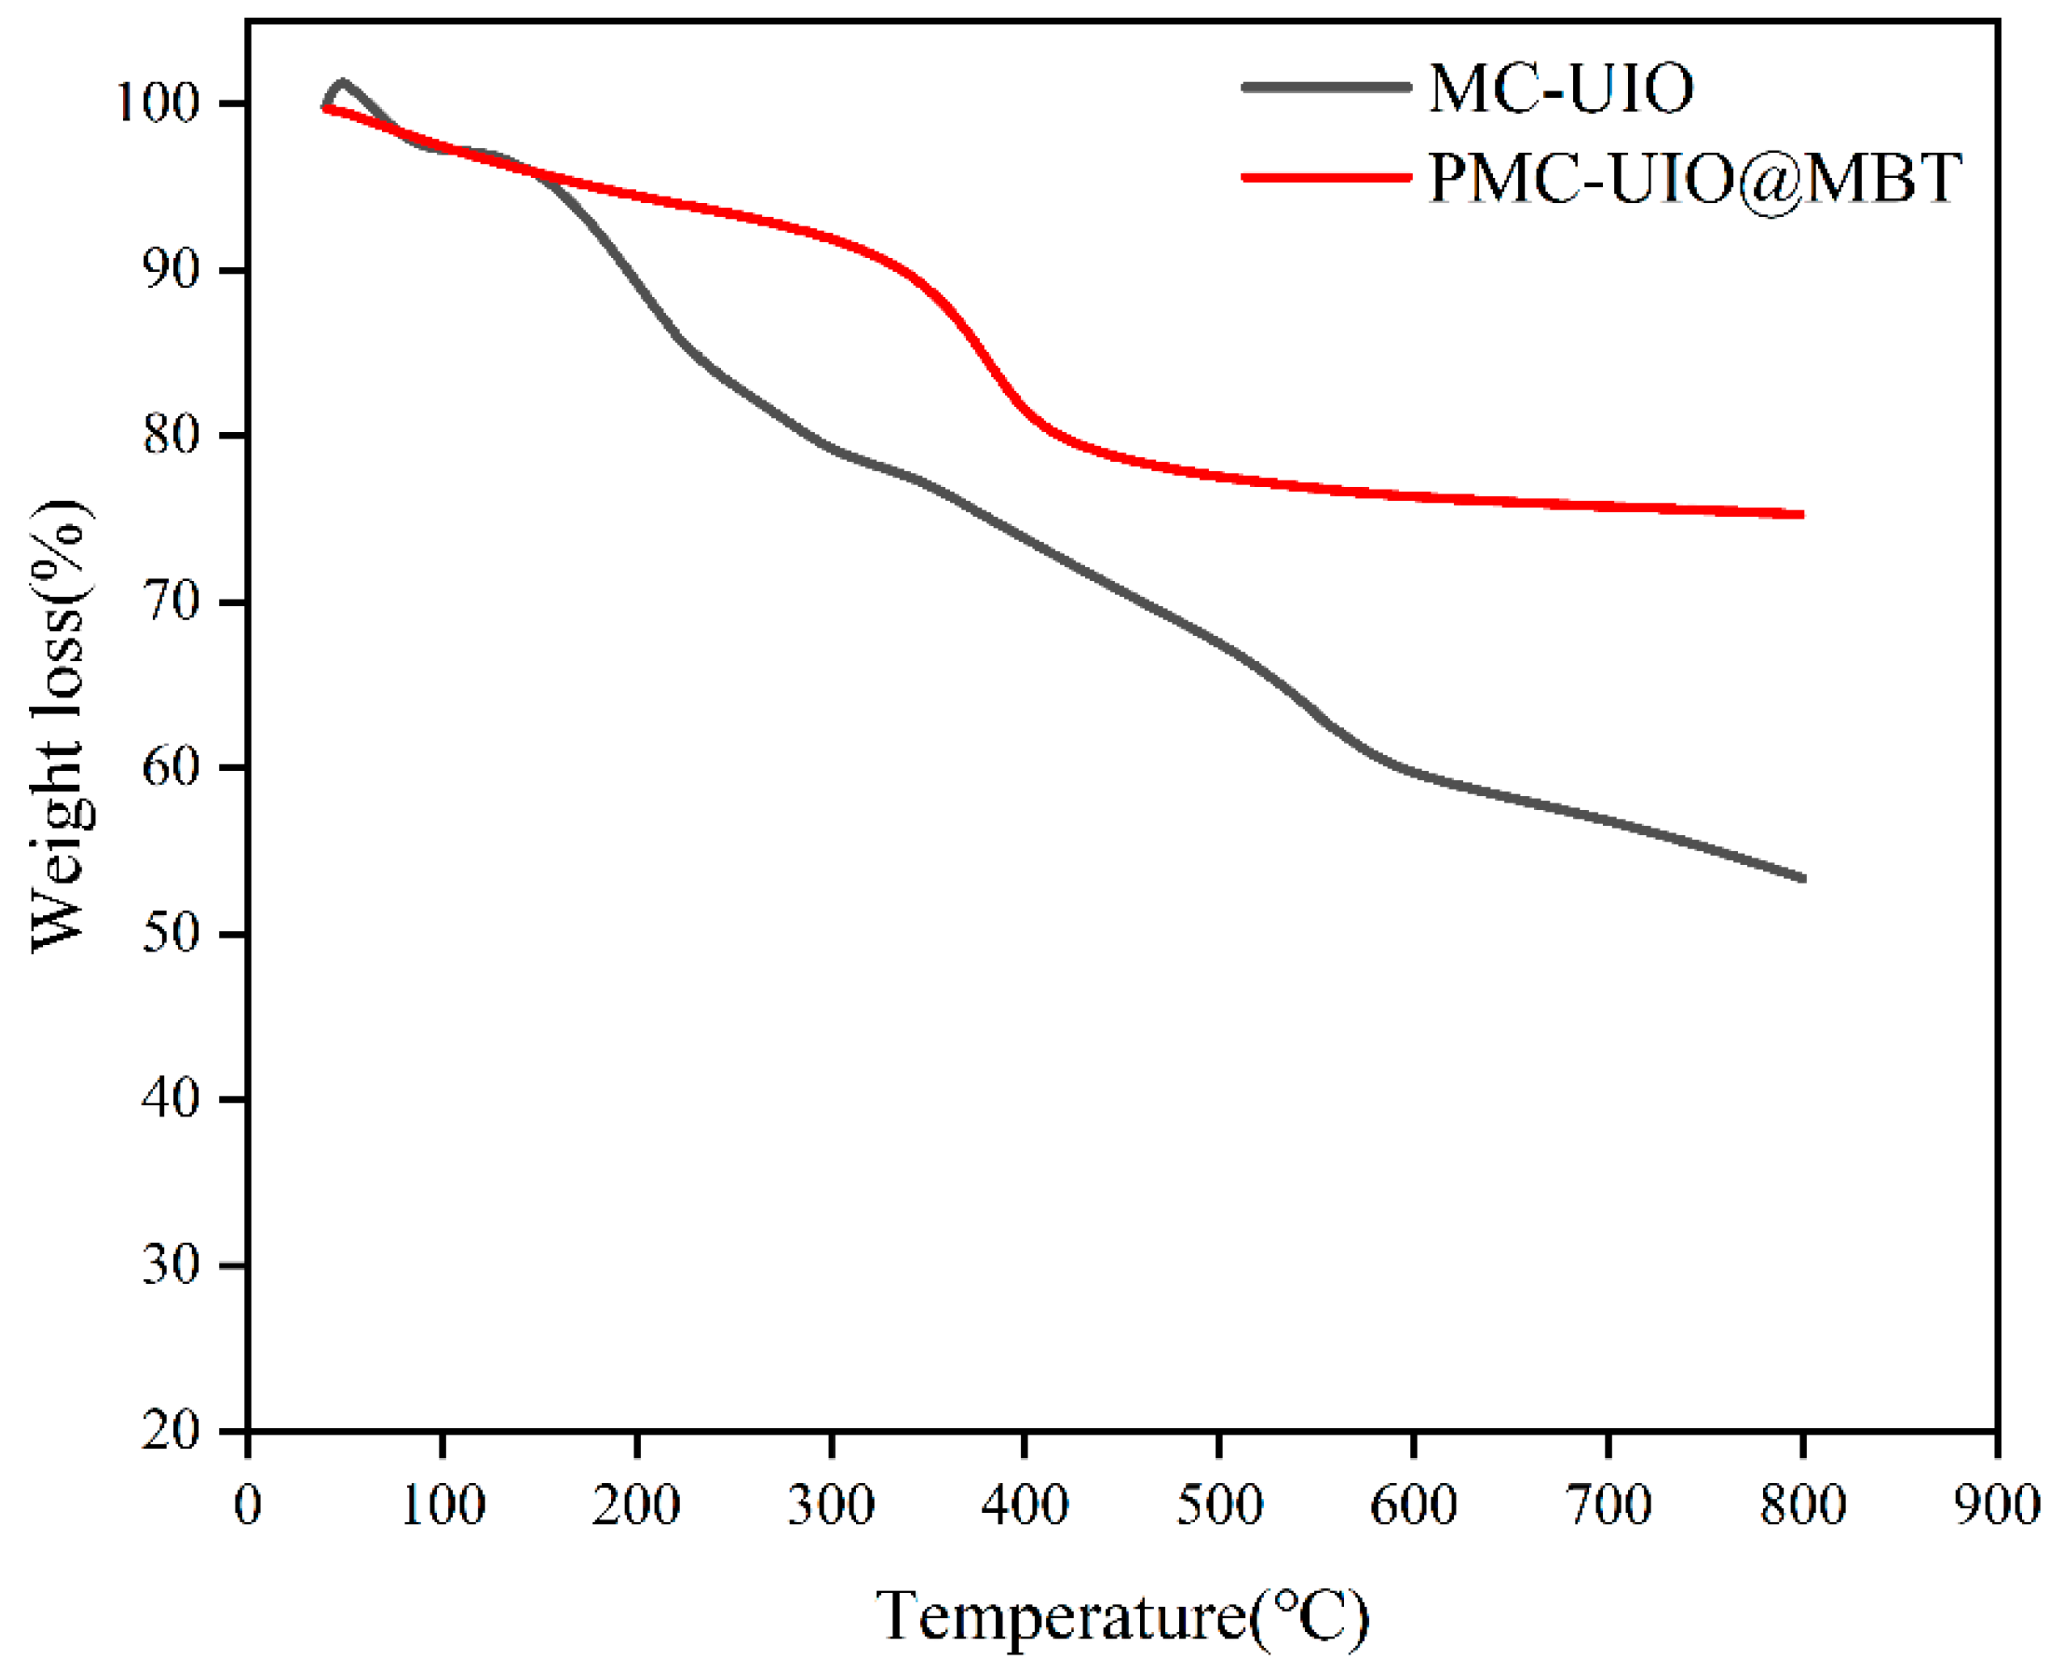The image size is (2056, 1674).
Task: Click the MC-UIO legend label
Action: pyautogui.click(x=1560, y=89)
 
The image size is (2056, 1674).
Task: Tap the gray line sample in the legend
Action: pyautogui.click(x=1326, y=87)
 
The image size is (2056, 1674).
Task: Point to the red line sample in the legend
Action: pyautogui.click(x=1326, y=176)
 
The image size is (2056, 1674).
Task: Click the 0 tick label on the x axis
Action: pyautogui.click(x=248, y=1505)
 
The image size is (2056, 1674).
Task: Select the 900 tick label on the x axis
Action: pyautogui.click(x=1995, y=1505)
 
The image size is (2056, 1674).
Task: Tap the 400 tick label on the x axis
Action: pyautogui.click(x=1024, y=1505)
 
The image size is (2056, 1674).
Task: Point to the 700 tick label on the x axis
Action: pyautogui.click(x=1607, y=1505)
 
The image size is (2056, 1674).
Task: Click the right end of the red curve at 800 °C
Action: pyautogui.click(x=1800, y=514)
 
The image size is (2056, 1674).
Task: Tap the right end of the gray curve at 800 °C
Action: pyautogui.click(x=1800, y=878)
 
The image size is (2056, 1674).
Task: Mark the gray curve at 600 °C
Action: pyautogui.click(x=1413, y=771)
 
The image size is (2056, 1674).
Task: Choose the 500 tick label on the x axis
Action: pyautogui.click(x=1218, y=1505)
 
